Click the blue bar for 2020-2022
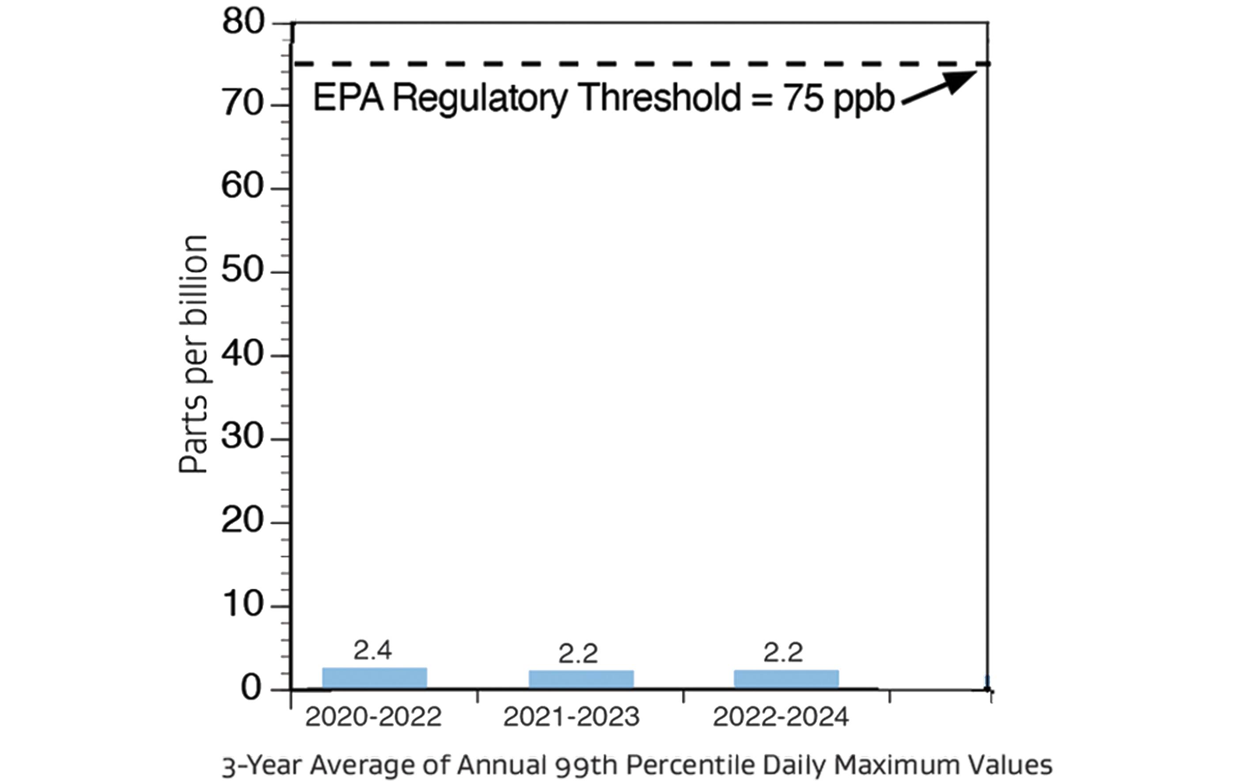click(375, 678)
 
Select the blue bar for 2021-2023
click(581, 679)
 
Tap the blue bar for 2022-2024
click(786, 679)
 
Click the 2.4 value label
click(372, 651)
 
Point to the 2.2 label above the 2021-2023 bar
click(578, 654)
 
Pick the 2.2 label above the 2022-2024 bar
click(783, 652)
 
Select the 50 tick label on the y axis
click(243, 271)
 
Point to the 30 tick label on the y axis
click(243, 437)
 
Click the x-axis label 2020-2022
click(373, 717)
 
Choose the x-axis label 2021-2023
click(571, 717)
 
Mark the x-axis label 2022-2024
click(781, 717)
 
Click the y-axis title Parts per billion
click(194, 355)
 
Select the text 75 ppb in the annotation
click(839, 99)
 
